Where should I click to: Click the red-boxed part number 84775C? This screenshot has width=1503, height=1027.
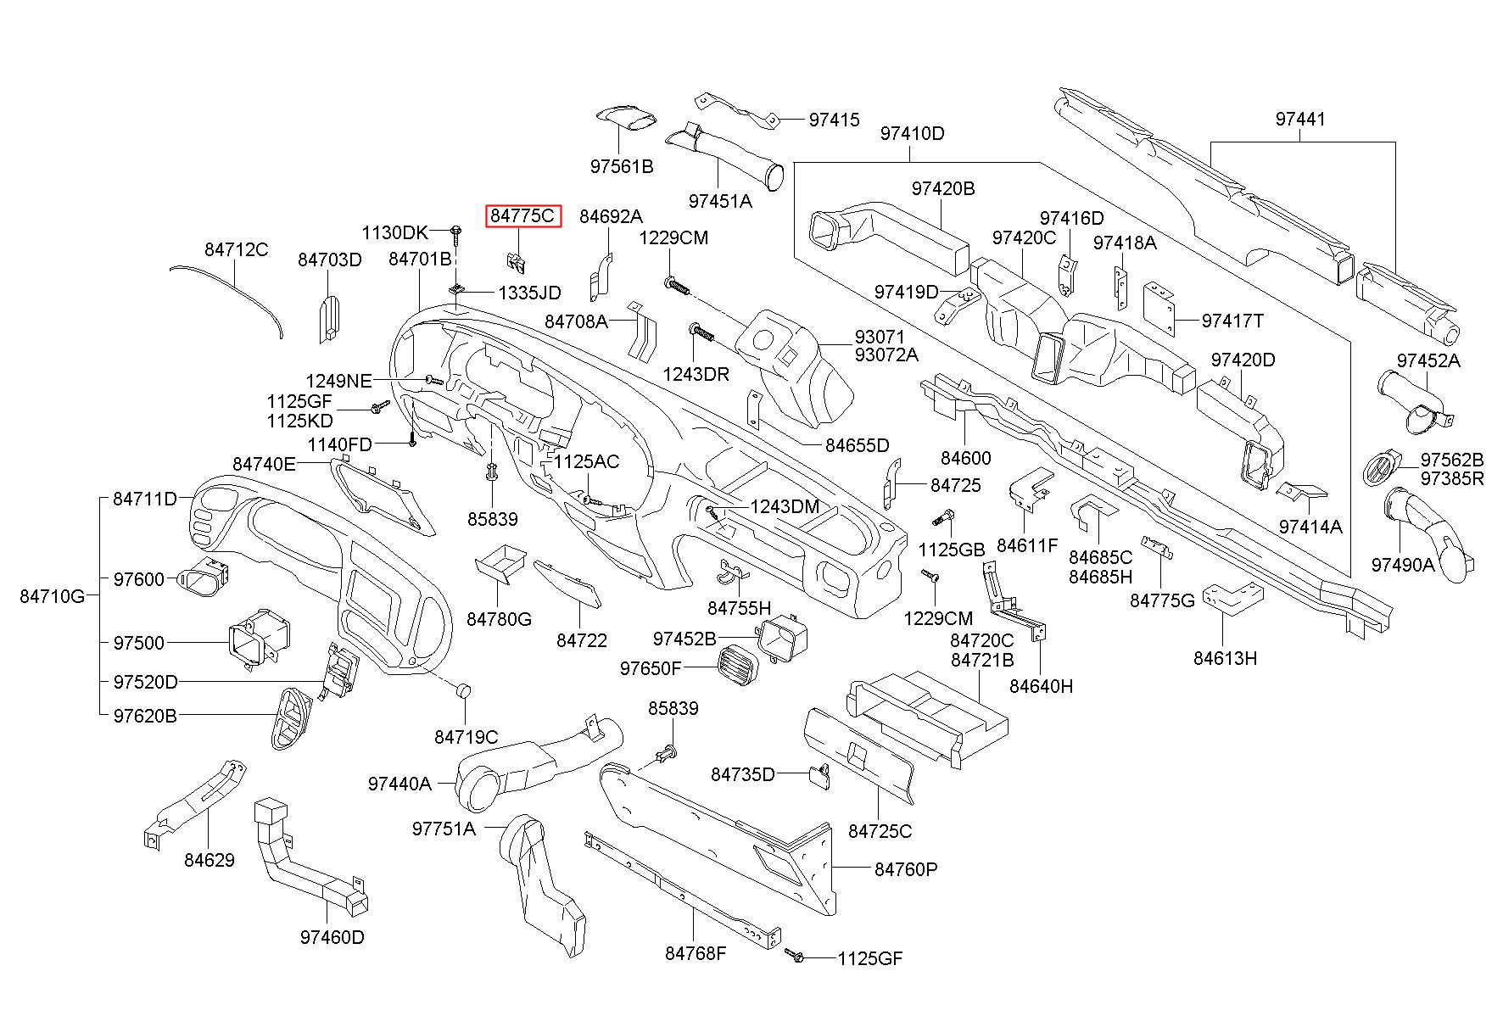click(x=522, y=216)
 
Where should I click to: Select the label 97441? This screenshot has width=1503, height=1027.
click(x=1299, y=120)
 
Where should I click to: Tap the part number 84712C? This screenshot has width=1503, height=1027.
click(x=236, y=249)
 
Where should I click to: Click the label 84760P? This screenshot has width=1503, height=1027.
click(x=906, y=869)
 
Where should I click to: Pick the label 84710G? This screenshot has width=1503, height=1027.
click(x=53, y=596)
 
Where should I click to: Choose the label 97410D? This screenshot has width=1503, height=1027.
click(x=912, y=133)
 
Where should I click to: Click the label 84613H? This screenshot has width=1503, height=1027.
click(x=1225, y=657)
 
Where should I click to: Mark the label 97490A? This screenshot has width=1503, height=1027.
click(x=1403, y=563)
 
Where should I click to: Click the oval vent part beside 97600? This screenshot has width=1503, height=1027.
click(x=204, y=578)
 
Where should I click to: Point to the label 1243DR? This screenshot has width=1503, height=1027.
click(x=696, y=373)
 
